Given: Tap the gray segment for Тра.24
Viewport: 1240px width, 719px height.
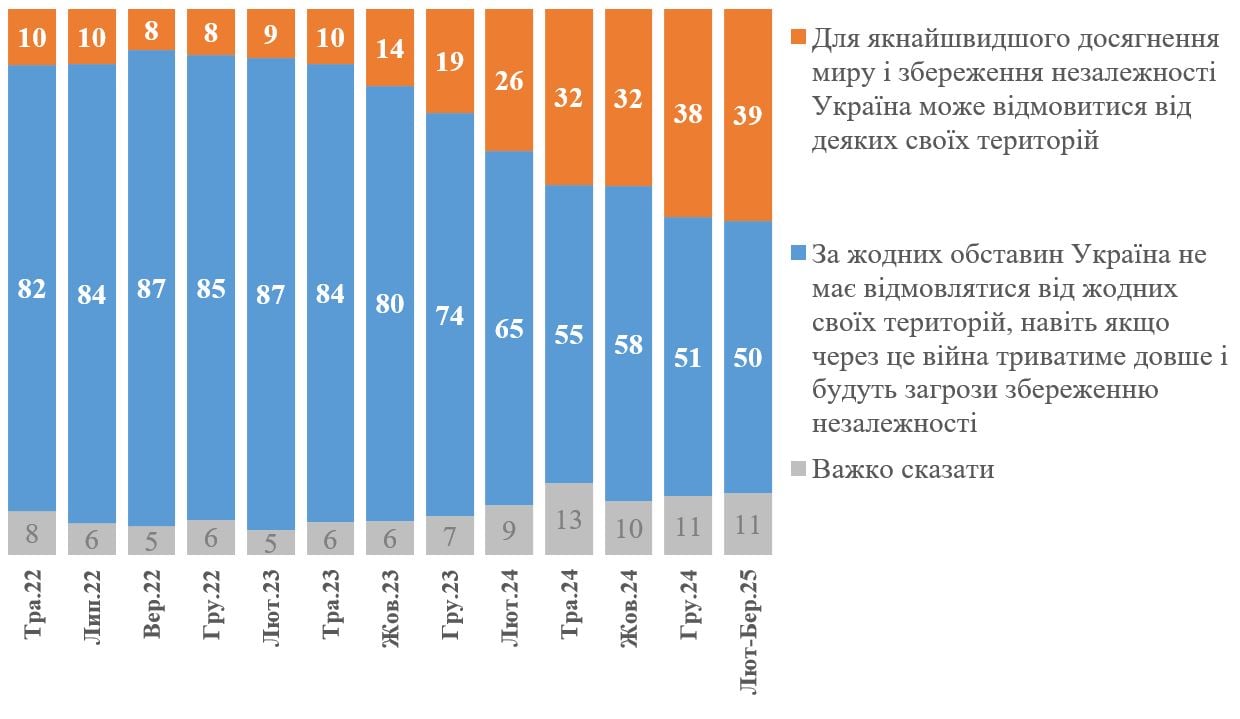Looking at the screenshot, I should tap(568, 519).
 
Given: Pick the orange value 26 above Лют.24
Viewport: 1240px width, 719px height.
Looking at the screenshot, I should tap(509, 81).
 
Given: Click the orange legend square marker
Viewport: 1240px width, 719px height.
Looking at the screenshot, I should tap(798, 39).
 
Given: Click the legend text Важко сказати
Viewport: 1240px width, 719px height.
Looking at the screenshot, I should tap(903, 469).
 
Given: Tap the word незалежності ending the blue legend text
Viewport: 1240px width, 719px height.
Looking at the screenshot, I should tap(894, 423).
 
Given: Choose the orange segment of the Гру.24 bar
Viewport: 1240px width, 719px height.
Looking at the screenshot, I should tap(688, 150).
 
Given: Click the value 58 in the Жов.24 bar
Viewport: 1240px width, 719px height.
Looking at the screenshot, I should tap(628, 352).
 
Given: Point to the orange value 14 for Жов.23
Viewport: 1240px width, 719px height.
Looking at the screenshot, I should tap(390, 48).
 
